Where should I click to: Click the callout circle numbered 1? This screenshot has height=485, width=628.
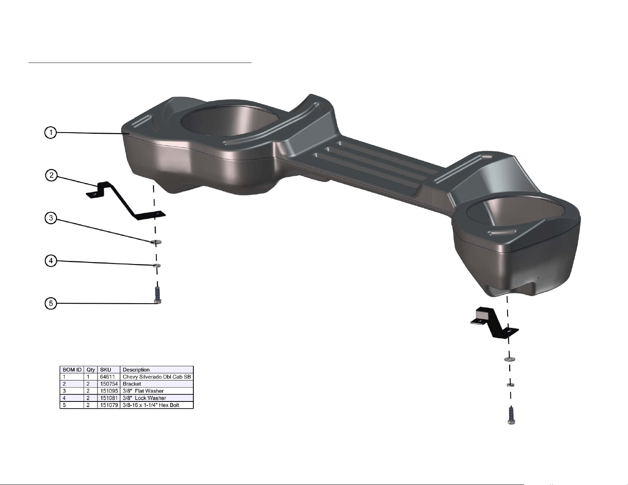51,133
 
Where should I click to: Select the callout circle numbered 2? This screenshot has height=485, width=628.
52,175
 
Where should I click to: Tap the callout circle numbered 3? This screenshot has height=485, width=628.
51,218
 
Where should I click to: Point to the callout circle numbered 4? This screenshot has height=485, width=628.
51,261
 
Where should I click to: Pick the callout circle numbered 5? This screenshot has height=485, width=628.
51,303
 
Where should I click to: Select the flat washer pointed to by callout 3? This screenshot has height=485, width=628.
156,242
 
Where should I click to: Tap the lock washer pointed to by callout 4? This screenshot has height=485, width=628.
157,265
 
